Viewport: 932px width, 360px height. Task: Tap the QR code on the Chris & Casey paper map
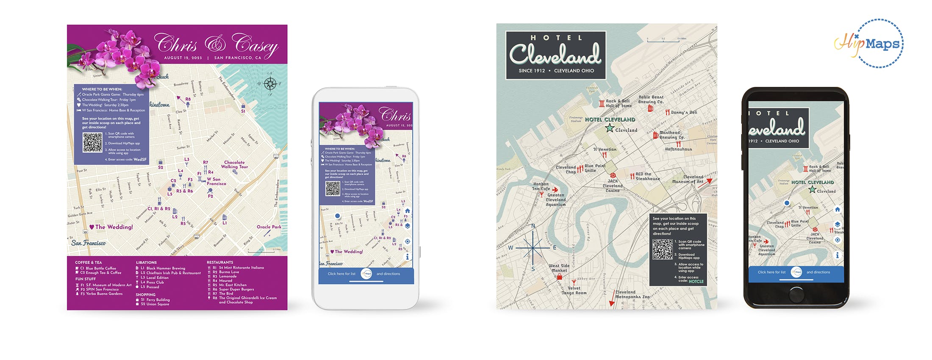(x=92, y=142)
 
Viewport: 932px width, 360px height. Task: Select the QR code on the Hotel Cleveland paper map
(x=663, y=249)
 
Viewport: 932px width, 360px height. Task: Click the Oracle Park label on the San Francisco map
(x=269, y=227)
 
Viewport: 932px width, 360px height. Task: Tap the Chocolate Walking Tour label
(x=234, y=164)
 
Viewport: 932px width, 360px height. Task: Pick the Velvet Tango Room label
(x=574, y=290)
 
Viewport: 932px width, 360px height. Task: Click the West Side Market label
(x=559, y=268)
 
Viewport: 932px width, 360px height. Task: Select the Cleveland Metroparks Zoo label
(x=632, y=294)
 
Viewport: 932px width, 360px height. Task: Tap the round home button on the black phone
(x=796, y=294)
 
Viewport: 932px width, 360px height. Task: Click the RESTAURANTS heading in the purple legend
(x=220, y=263)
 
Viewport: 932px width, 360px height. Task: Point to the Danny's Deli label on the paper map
(x=684, y=112)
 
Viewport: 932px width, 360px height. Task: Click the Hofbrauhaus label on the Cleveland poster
(x=678, y=149)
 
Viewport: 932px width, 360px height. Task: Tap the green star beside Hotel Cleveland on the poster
(x=610, y=128)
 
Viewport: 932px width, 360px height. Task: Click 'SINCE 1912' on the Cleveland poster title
(x=532, y=71)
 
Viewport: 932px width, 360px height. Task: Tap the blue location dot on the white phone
(x=338, y=216)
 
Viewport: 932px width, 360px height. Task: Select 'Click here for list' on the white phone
(x=341, y=274)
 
